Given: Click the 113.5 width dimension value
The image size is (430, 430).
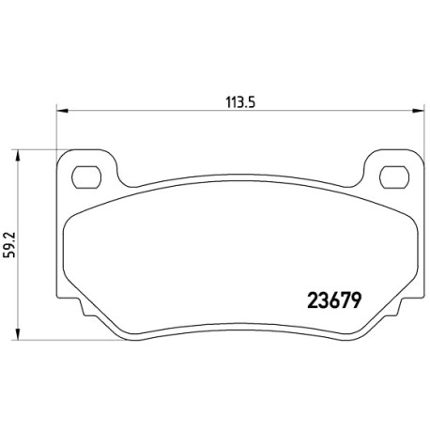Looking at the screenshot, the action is [x=240, y=101].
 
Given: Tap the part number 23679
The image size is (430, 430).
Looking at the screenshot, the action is [x=335, y=300].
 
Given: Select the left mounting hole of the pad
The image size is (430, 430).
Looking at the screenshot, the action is [x=86, y=177].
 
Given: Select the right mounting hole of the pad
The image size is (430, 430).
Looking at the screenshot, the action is [x=394, y=177].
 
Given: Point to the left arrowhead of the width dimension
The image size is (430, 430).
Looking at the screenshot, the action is [x=62, y=111].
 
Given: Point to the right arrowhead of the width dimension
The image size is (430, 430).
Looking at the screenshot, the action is [x=419, y=111].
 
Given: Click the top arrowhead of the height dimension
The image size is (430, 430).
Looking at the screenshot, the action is [x=18, y=156].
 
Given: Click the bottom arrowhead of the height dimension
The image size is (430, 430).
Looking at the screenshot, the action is [x=18, y=334].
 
